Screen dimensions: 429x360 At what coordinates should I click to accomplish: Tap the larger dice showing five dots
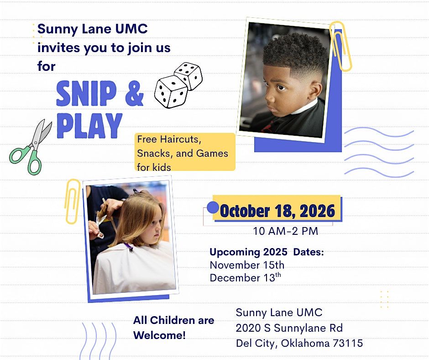(x=171, y=92)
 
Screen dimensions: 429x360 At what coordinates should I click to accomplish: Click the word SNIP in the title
(x=86, y=93)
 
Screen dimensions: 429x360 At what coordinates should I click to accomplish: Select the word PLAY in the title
(x=89, y=126)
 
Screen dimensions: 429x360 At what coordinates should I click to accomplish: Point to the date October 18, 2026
(x=277, y=211)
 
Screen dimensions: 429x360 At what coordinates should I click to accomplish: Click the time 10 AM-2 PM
(x=285, y=231)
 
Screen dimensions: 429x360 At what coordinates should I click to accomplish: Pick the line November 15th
(x=247, y=265)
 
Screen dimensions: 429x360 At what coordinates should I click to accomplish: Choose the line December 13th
(x=245, y=277)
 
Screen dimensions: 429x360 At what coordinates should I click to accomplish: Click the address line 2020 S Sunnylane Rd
(x=289, y=328)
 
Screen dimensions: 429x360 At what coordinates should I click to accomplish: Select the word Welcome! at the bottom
(x=160, y=335)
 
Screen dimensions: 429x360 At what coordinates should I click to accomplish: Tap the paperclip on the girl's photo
(x=72, y=201)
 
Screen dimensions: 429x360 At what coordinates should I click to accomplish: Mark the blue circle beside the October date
(x=213, y=207)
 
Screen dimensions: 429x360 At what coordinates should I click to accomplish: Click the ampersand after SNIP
(x=134, y=93)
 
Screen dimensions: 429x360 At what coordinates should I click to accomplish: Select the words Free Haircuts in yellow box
(x=169, y=139)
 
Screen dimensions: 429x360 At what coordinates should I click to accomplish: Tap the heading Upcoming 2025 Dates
(x=267, y=252)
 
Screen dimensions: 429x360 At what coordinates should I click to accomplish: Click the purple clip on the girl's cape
(x=129, y=247)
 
